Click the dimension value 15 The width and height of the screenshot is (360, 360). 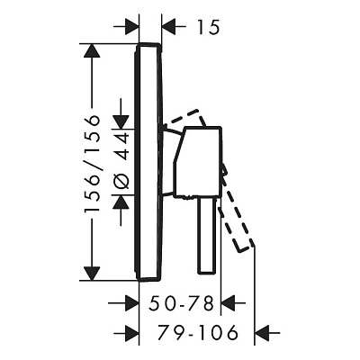[209, 27]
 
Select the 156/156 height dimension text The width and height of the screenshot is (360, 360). [92, 164]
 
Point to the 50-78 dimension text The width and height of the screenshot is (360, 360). [182, 303]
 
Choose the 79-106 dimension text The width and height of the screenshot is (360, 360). [198, 333]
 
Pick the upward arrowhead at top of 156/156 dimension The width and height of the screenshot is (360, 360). [92, 51]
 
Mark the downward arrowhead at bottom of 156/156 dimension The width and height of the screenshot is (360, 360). [92, 274]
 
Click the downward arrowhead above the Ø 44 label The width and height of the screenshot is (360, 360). [121, 122]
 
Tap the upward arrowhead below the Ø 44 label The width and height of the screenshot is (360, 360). [121, 202]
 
